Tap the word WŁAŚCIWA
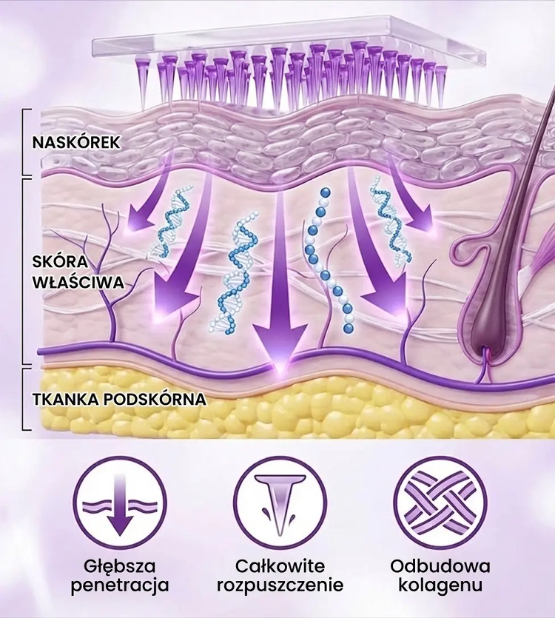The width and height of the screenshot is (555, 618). [x=77, y=282]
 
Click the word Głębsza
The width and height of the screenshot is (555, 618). [x=120, y=567]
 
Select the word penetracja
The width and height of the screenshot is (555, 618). [x=120, y=585]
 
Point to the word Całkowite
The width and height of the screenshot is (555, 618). [x=280, y=567]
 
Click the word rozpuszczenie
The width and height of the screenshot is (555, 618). [x=280, y=585]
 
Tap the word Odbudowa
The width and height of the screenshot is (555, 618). [x=440, y=567]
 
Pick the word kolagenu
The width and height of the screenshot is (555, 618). [x=440, y=585]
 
